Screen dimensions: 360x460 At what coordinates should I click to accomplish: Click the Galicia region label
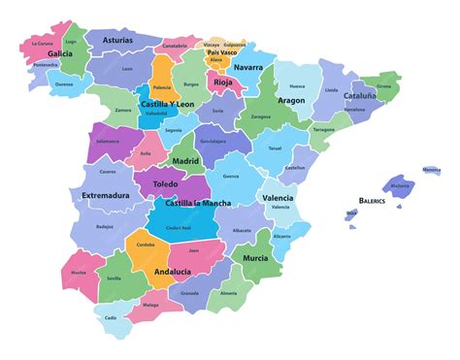[x=60, y=54]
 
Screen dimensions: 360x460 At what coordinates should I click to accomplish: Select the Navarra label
[x=247, y=67]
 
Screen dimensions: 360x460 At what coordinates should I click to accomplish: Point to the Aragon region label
[x=291, y=100]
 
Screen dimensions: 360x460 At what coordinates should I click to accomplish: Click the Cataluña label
[x=360, y=96]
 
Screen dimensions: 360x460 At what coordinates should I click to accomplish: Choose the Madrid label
[x=185, y=161]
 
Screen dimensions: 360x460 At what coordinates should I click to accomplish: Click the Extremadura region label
[x=106, y=195]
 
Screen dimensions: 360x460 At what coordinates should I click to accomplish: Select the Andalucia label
[x=172, y=272]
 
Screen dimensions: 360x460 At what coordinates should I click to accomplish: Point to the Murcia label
[x=255, y=258]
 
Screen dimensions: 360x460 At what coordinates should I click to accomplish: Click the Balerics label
[x=372, y=200]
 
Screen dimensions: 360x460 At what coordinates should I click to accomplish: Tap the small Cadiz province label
[x=111, y=317]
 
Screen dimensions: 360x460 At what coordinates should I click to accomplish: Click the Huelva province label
[x=79, y=273]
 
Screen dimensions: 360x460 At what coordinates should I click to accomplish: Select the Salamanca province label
[x=107, y=142]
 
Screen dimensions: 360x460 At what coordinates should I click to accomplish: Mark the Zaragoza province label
[x=261, y=116]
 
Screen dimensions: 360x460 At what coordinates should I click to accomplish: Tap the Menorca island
[x=431, y=171]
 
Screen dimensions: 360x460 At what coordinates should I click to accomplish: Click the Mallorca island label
[x=400, y=185]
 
